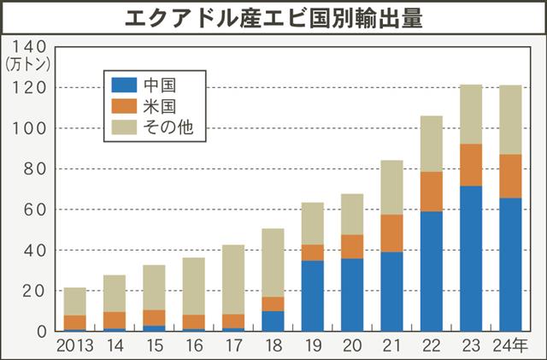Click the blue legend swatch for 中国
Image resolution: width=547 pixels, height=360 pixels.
[124, 85]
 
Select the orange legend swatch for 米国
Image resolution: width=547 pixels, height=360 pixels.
[124, 106]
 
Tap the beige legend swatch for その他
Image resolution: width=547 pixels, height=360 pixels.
[124, 127]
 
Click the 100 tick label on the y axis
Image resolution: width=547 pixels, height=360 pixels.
[31, 128]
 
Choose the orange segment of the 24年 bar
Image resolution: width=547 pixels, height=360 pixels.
[510, 176]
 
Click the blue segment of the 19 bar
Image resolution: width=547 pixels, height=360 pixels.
[312, 296]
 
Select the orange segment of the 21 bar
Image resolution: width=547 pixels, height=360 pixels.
[391, 233]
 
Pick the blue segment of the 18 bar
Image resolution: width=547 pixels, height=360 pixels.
[273, 322]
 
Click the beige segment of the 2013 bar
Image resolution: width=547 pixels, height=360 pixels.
[75, 302]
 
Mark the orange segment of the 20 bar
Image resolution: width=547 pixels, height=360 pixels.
[352, 246]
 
